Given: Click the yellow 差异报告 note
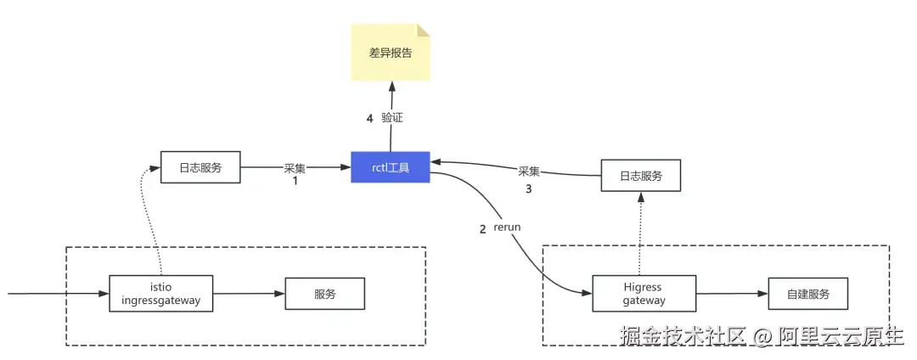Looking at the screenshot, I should pyautogui.click(x=391, y=53).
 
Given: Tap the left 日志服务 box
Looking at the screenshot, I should pyautogui.click(x=201, y=168).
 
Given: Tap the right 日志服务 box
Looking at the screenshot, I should pyautogui.click(x=641, y=177).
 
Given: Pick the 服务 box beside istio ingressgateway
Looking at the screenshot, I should pyautogui.click(x=324, y=294).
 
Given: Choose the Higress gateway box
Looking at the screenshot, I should pyautogui.click(x=642, y=294).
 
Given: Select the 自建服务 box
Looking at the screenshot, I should pyautogui.click(x=807, y=294).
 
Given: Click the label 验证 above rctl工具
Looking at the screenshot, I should pyautogui.click(x=391, y=118).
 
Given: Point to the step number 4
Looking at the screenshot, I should pyautogui.click(x=369, y=118).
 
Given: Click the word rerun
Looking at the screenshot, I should pyautogui.click(x=507, y=228).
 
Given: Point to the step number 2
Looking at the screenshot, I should pyautogui.click(x=483, y=228).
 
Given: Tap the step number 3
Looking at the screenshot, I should pyautogui.click(x=528, y=188).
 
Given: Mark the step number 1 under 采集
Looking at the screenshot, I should pyautogui.click(x=295, y=181).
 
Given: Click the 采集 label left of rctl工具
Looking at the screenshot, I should pyautogui.click(x=295, y=168).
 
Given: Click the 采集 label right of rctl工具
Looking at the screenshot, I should pyautogui.click(x=528, y=172).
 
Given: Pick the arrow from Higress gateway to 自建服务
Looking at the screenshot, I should pyautogui.click(x=730, y=294).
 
